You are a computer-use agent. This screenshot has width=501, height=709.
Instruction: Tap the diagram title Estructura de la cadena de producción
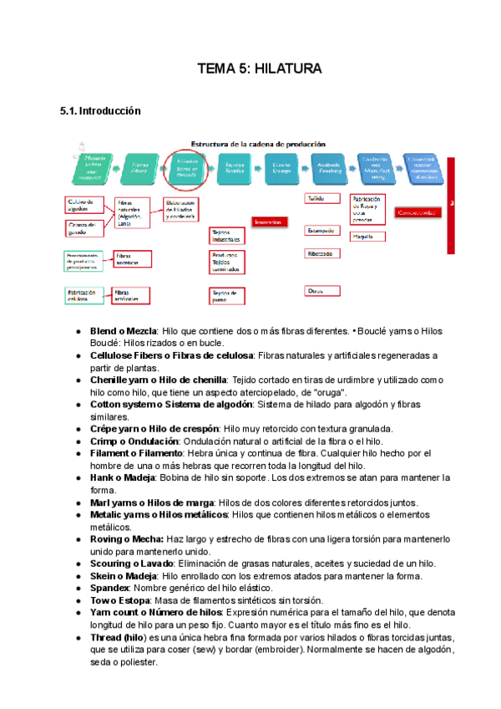point(259,143)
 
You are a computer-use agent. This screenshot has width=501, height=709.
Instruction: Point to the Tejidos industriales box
point(227,235)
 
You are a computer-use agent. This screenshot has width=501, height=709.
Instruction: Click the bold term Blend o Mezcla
point(124,332)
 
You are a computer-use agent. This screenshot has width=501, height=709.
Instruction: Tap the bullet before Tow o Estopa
point(78,601)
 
